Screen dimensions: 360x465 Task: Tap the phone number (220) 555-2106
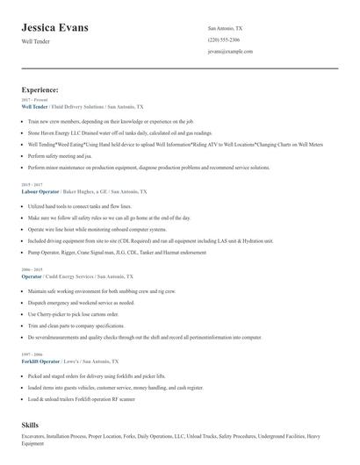(x=224, y=40)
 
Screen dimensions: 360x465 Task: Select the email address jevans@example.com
(x=230, y=52)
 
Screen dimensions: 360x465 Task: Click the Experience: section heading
(x=40, y=89)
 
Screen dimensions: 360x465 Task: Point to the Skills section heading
(x=30, y=425)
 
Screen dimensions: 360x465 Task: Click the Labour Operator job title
(x=40, y=190)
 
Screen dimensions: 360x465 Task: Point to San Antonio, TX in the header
(x=226, y=28)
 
